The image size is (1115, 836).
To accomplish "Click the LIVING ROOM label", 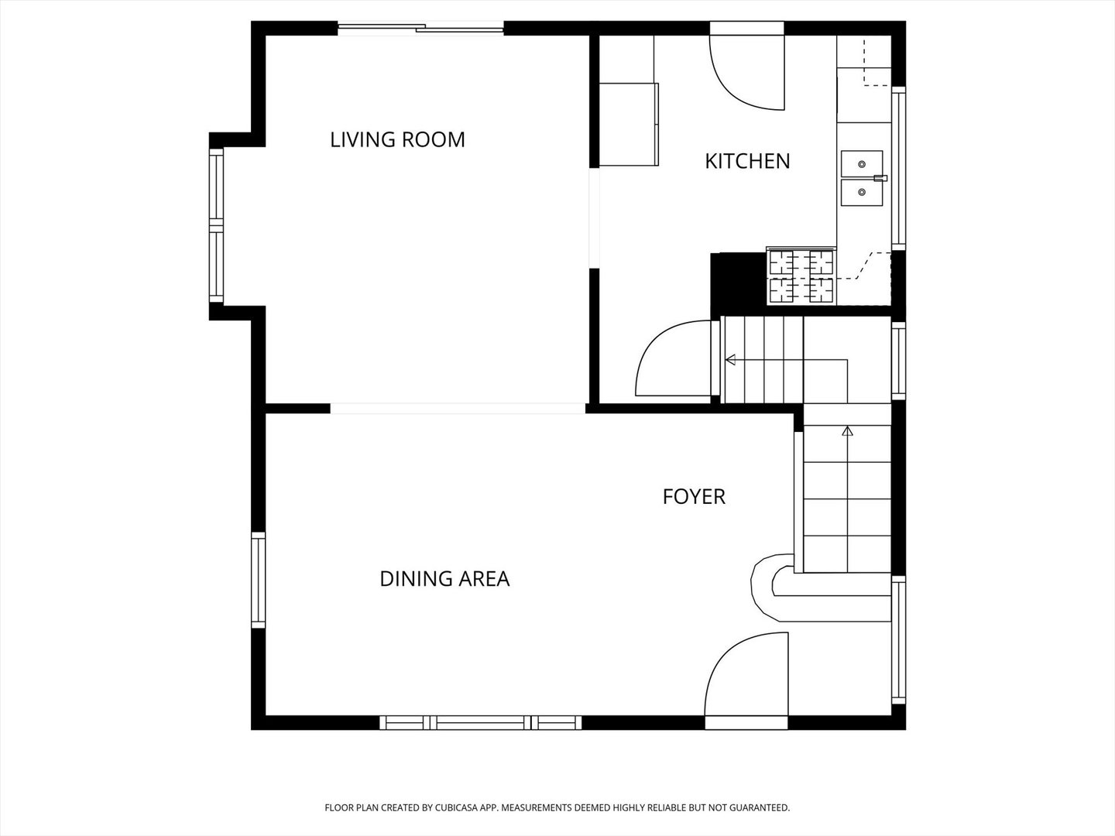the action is point(397,139).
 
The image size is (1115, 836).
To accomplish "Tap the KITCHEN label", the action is point(747,162).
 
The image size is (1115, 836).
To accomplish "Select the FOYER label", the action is point(694,496).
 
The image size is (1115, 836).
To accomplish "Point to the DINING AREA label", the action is point(444,579).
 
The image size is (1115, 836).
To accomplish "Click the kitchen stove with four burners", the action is point(801,276).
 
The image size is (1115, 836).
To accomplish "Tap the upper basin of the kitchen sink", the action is point(862,163).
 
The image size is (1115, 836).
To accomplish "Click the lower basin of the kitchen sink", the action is point(862,193).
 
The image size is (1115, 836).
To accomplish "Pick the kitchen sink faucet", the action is point(880,178).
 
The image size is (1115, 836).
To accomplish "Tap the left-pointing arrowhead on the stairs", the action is point(730,360).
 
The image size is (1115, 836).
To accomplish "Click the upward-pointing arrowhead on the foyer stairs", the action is point(847,431).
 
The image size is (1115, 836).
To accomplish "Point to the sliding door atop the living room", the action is point(420,29).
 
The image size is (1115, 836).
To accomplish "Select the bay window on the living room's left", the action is point(216,226).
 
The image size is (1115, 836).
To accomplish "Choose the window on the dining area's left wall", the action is point(258,580).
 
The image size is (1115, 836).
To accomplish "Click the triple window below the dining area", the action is point(481,722).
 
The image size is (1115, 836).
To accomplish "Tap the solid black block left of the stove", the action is point(739,283).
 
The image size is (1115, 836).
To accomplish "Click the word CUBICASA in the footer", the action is point(454,807).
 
